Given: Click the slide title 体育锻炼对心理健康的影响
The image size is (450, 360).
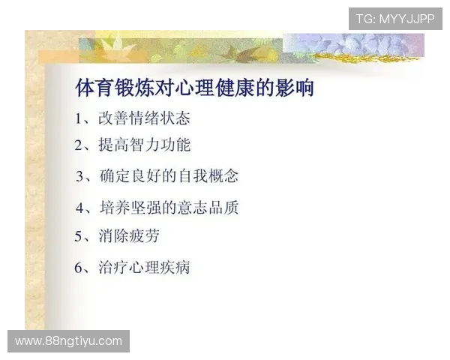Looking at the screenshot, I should pos(194,88).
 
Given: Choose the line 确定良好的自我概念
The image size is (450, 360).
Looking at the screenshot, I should pos(168,176).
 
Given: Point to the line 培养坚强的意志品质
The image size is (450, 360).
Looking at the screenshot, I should pos(168,207).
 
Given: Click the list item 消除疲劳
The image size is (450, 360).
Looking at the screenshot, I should pos(128,236).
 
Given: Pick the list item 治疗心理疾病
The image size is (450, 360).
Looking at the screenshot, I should pos(144,267).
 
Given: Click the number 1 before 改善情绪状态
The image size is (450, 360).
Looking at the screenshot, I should pos(79,118).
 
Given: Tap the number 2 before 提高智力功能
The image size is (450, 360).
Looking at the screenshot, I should pos(79,145).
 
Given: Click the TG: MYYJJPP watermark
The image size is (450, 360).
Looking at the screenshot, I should pos(395,18).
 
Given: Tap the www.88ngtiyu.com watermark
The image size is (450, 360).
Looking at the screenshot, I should pos(68,341).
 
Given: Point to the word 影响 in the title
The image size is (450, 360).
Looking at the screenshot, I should pos(297,88).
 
